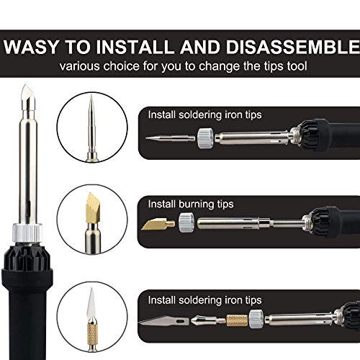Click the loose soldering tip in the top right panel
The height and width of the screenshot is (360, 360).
pyautogui.click(x=166, y=137)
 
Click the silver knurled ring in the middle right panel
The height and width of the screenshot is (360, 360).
pyautogui.click(x=186, y=223)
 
